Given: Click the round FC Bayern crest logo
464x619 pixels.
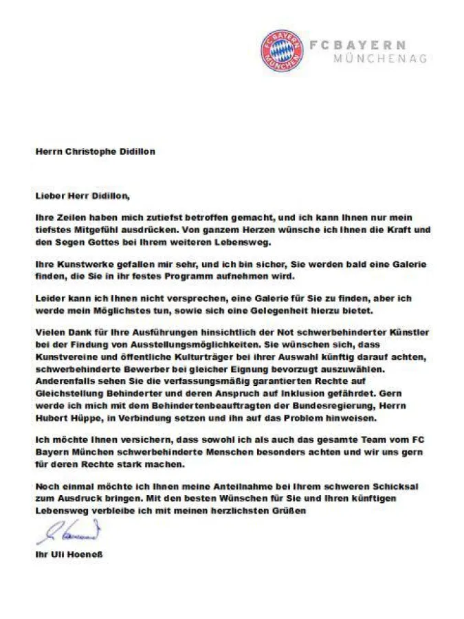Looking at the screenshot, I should click(283, 50).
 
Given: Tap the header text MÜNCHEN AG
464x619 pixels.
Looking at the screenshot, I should click(379, 58).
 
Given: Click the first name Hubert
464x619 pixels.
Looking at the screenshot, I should click(51, 417).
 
